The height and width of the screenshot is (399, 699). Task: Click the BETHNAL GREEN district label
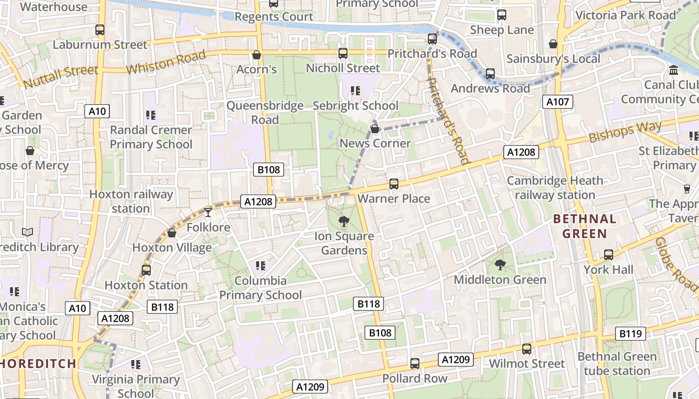tap(584, 226)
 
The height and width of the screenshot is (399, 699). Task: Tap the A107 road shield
tap(557, 102)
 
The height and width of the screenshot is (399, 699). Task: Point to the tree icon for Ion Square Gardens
tap(344, 221)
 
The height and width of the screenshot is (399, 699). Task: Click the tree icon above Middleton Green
tap(500, 265)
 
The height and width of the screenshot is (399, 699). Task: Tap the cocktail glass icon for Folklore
tap(208, 212)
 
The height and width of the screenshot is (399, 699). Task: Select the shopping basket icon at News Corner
tap(375, 129)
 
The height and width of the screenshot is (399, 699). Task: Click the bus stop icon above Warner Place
tap(394, 184)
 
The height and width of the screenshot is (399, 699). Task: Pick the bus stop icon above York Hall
tap(608, 255)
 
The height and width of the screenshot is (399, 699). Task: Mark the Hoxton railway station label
tap(131, 201)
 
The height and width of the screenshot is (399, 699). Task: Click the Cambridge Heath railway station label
tap(555, 188)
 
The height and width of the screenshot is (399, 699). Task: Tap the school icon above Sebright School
tap(355, 91)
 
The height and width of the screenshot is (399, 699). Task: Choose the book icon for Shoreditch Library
tap(27, 232)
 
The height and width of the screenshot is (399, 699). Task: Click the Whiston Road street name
tap(165, 62)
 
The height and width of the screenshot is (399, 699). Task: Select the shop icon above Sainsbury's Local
tap(553, 44)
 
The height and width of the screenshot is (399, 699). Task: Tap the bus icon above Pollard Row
tap(414, 364)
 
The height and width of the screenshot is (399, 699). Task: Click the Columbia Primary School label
tap(260, 288)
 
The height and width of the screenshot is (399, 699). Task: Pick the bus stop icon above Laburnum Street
tap(100, 30)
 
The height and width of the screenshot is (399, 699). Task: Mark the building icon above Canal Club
tap(674, 70)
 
